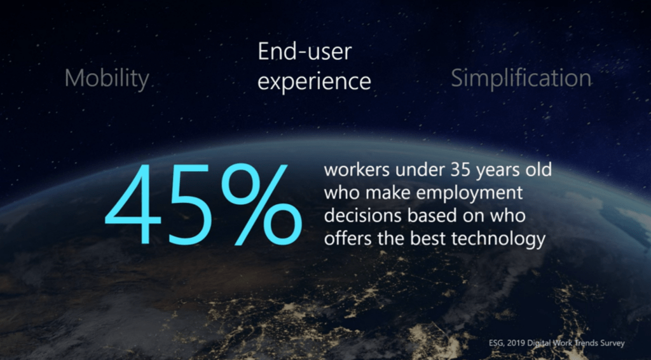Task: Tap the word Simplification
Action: tap(521, 78)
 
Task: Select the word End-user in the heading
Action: tap(305, 52)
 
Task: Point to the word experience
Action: tap(314, 81)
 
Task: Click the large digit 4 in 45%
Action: tap(133, 204)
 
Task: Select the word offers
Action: tap(347, 239)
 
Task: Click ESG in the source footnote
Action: tap(496, 343)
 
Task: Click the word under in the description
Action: tap(418, 170)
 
